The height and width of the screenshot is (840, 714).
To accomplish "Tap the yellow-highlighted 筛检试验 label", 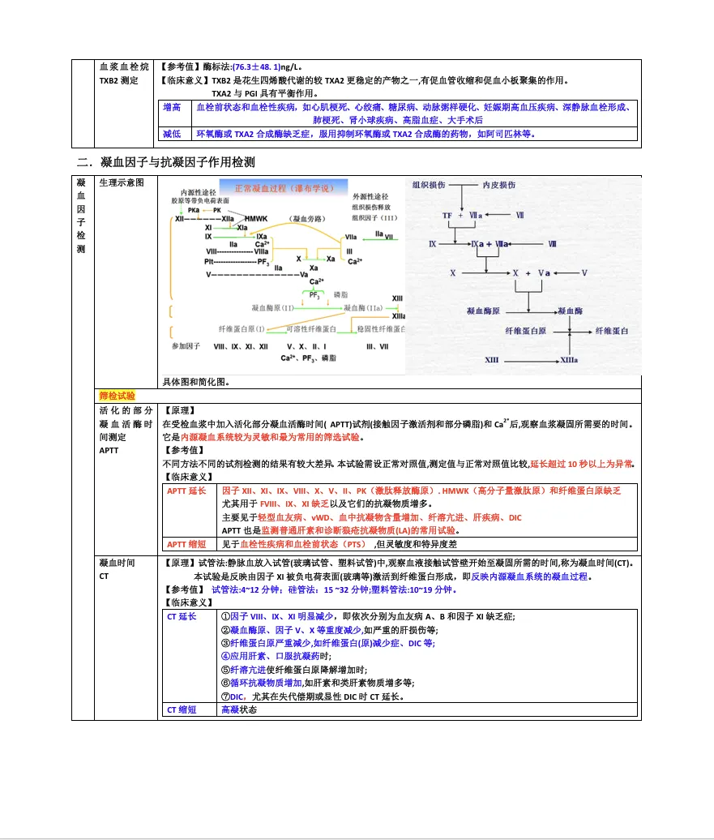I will click(117, 396).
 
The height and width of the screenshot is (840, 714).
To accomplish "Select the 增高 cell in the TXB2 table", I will click(172, 107).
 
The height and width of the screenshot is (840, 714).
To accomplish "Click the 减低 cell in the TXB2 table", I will click(172, 134).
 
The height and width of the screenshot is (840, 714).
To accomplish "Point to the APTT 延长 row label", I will click(186, 491).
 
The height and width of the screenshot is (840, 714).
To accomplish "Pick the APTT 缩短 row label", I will click(186, 544).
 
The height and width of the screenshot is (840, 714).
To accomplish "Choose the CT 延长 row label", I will click(183, 616).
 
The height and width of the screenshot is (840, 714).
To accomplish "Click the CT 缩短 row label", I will click(183, 709).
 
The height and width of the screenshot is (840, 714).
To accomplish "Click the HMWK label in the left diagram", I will click(255, 219).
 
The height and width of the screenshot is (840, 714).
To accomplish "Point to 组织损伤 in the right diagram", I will click(429, 185).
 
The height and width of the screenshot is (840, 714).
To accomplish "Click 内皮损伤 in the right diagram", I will click(499, 185).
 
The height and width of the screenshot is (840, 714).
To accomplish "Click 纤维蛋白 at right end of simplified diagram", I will click(612, 332).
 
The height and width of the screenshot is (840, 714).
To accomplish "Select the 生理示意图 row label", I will click(122, 183).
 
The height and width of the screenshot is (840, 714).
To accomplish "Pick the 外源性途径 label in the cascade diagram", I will click(370, 196).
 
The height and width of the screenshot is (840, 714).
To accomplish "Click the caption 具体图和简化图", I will click(195, 382).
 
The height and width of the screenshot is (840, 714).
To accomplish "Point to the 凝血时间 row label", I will click(117, 563).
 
